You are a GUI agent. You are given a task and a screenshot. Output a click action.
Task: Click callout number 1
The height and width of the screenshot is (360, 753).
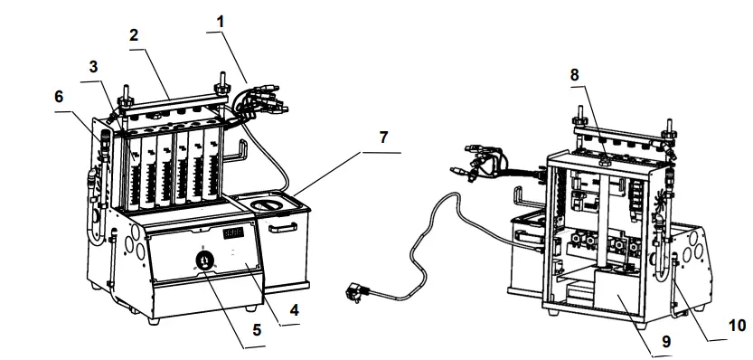pos(221,22)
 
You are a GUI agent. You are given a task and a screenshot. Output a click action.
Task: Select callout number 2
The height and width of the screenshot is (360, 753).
pos(134,34)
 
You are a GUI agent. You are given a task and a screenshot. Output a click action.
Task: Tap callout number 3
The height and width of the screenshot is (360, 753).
pos(93,67)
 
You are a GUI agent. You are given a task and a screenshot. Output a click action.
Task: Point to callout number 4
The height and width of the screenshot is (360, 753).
pos(294,310)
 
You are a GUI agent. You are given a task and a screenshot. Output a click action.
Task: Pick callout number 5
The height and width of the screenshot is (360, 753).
pos(257,330)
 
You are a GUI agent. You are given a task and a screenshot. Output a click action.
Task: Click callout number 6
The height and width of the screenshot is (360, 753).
pos(59,97)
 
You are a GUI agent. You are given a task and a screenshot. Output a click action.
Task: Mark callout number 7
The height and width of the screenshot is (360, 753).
pos(382,137)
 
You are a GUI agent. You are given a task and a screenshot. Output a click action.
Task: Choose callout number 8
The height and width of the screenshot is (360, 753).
pos(574,75)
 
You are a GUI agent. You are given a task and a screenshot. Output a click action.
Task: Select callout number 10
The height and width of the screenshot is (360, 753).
pos(738,326)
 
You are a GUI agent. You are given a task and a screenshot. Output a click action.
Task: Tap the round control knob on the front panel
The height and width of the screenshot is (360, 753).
pos(203,261)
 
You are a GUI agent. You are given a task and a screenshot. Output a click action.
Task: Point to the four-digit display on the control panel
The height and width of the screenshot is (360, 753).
pos(233,232)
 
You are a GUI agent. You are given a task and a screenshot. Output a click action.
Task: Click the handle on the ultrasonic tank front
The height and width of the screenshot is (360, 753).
pos(283,227)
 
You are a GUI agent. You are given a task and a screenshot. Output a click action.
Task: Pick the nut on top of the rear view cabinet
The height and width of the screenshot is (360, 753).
pos(604,160)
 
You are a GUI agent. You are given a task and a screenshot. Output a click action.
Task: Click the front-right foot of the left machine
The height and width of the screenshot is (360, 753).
pos(249,308)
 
